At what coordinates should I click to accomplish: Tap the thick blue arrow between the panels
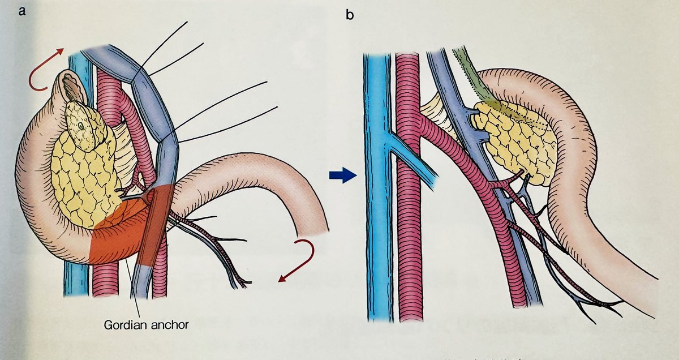(342, 176)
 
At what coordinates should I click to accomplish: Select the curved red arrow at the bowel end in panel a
(299, 258)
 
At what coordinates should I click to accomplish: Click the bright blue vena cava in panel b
(376, 226)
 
